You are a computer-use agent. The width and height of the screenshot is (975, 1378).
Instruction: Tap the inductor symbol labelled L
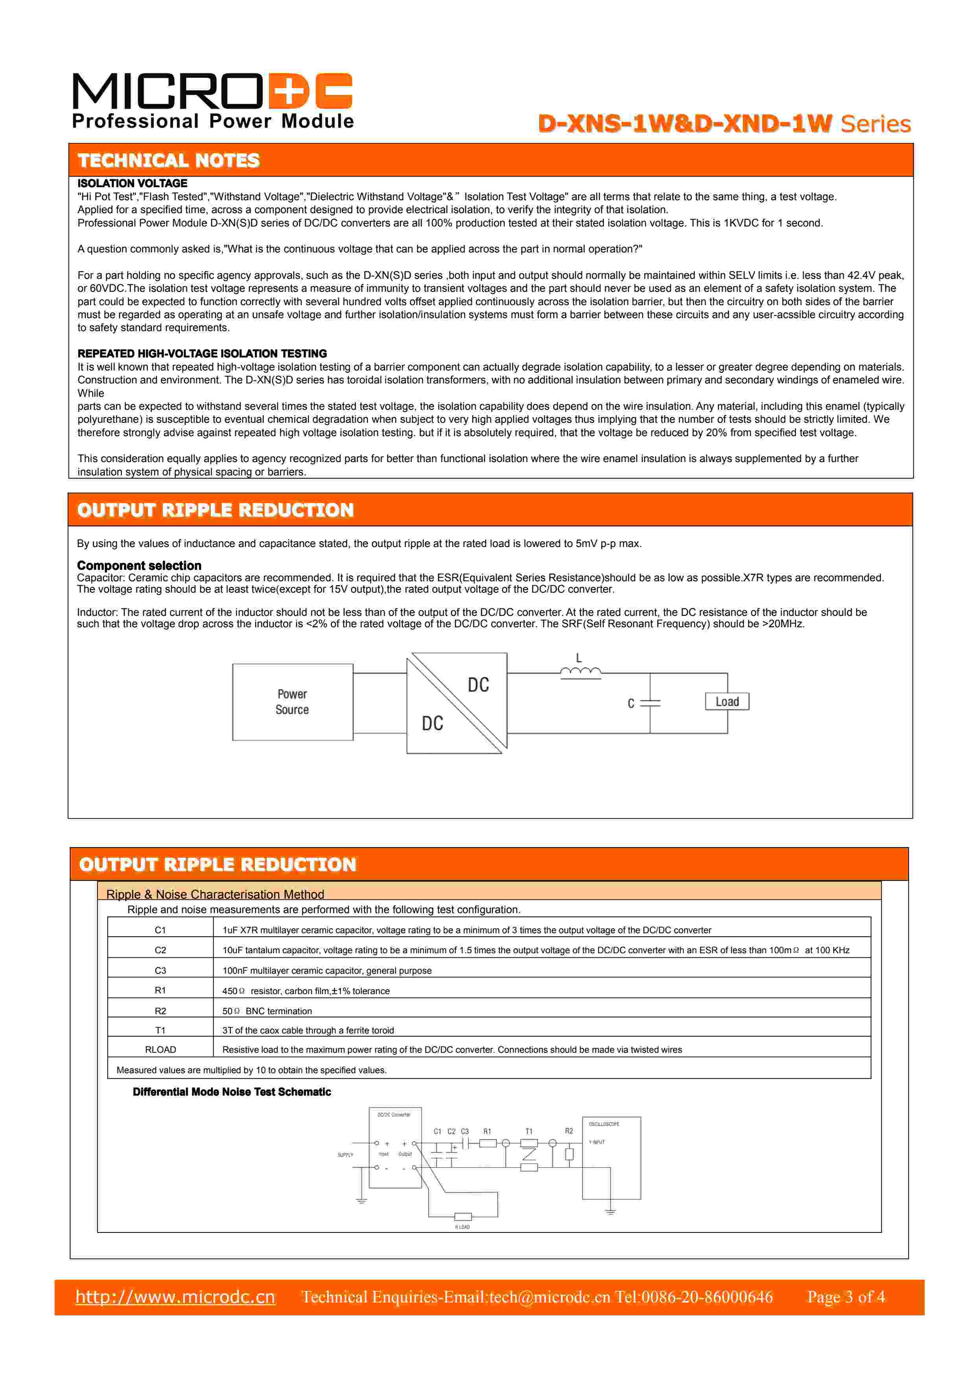click(580, 672)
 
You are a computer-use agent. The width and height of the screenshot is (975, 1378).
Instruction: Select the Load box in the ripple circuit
click(727, 702)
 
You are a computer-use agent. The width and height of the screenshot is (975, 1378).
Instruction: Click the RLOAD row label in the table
click(160, 1049)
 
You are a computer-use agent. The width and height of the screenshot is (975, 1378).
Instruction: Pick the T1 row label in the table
click(160, 1030)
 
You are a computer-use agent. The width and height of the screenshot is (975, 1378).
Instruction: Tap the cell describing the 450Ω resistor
click(306, 991)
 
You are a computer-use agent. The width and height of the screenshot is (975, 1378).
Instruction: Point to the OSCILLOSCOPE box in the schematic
click(611, 1158)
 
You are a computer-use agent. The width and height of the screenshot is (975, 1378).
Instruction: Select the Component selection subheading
click(139, 566)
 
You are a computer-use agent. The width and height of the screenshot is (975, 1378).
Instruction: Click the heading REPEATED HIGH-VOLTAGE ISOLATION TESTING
click(202, 354)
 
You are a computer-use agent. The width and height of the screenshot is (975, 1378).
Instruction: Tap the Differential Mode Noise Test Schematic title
click(232, 1092)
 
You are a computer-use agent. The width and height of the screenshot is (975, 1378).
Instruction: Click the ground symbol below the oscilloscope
click(610, 1212)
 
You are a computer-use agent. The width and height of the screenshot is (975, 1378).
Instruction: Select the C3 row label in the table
click(160, 971)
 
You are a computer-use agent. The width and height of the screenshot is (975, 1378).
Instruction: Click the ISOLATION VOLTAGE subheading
click(132, 183)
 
